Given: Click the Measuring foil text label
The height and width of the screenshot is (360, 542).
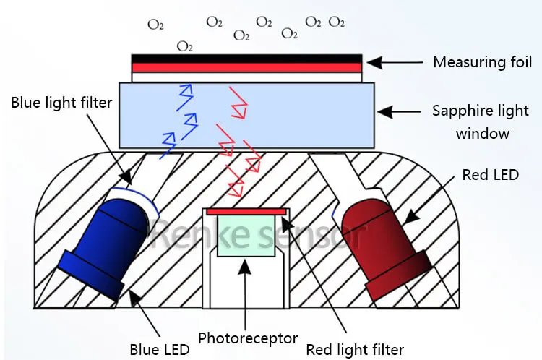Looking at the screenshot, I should pyautogui.click(x=481, y=62).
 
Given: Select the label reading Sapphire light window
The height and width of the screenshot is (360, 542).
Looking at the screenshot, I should pyautogui.click(x=481, y=121).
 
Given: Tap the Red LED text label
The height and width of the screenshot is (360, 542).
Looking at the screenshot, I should pyautogui.click(x=490, y=175).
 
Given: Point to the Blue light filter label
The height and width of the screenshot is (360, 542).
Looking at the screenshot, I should pyautogui.click(x=61, y=103).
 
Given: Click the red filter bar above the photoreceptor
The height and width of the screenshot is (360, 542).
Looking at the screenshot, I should pyautogui.click(x=246, y=210).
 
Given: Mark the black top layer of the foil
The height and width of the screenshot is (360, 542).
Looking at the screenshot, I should pyautogui.click(x=246, y=58).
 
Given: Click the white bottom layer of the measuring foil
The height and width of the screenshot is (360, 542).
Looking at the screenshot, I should pyautogui.click(x=246, y=77).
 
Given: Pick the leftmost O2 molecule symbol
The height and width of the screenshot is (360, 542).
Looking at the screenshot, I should pyautogui.click(x=155, y=25).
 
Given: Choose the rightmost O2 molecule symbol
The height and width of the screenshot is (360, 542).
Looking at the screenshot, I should pyautogui.click(x=337, y=22).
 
